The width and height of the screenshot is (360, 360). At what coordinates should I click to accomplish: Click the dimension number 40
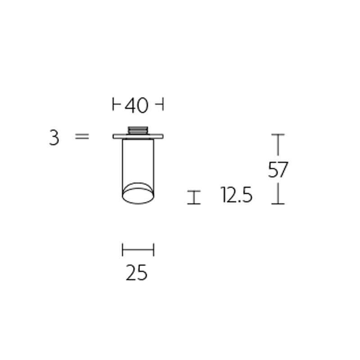pos(137,106)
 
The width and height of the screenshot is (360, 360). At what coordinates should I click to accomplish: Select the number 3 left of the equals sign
pos(54,137)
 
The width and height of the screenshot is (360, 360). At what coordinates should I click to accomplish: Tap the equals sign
pos(82,136)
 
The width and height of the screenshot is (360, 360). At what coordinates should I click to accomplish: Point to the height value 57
pos(278,170)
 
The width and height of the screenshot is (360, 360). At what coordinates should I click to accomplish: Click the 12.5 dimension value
pos(237,196)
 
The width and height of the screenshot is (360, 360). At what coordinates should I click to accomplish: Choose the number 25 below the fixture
pos(137,273)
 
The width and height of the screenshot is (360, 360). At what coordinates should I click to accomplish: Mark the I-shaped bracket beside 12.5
pos(194,197)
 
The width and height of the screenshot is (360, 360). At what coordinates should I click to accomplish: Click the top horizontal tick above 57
pos(278,135)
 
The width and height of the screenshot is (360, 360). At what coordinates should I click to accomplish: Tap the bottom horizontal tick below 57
pos(278,203)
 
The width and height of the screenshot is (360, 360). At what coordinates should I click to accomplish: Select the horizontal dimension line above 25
pos(138,249)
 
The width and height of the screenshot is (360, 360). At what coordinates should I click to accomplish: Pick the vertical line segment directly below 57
pos(278,193)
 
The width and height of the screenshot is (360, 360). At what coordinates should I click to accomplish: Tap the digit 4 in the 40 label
pos(130,106)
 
